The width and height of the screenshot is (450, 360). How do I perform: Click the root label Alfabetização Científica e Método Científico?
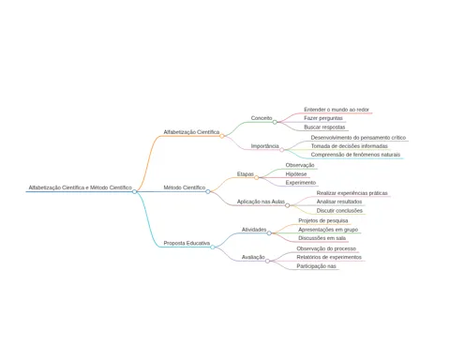click(x=81, y=187)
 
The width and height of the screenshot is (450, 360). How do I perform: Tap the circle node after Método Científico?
click(x=208, y=191)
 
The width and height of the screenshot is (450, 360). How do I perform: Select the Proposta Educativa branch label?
click(x=187, y=243)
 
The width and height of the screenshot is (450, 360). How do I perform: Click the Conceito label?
click(x=262, y=118)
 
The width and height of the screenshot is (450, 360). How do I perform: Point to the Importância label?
click(x=265, y=146)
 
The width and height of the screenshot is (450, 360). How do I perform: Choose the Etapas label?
click(x=246, y=174)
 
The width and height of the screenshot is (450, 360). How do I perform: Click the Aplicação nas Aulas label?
click(x=261, y=202)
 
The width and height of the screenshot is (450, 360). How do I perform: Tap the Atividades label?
click(x=254, y=230)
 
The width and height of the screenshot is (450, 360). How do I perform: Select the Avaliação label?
click(x=253, y=257)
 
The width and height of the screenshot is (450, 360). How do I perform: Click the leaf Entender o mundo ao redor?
click(x=337, y=110)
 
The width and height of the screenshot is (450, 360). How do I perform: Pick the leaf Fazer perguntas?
click(x=323, y=118)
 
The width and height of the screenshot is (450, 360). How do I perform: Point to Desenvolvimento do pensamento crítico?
click(x=358, y=138)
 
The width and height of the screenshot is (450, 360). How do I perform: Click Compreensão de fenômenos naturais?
click(x=355, y=155)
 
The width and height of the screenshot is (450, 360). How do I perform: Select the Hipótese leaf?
click(x=296, y=174)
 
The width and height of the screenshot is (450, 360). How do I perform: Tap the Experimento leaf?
click(x=301, y=183)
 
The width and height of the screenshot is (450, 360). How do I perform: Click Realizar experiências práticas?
click(x=352, y=193)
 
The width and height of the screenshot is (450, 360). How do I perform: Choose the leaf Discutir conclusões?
click(x=339, y=211)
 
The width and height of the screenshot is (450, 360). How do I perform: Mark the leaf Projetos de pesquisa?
click(x=323, y=220)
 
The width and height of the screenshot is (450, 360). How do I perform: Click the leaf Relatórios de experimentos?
click(x=329, y=257)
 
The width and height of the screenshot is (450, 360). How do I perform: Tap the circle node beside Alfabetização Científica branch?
click(x=222, y=136)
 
